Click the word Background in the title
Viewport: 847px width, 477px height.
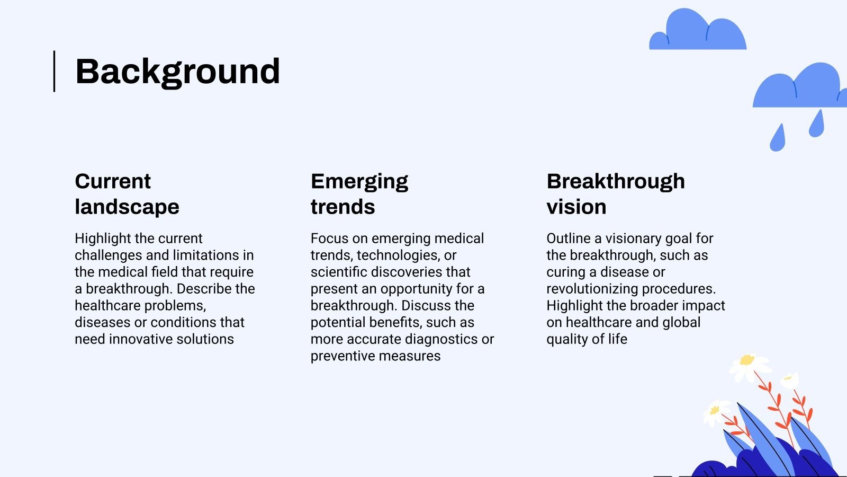(177, 72)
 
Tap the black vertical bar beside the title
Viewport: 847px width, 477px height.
(55, 71)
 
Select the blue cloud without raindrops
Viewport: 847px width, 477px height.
(698, 29)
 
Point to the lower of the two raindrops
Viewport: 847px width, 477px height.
(778, 138)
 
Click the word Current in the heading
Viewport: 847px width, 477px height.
(113, 181)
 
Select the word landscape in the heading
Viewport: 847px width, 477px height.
(127, 207)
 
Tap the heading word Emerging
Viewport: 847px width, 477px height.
(359, 182)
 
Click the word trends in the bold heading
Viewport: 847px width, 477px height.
(343, 207)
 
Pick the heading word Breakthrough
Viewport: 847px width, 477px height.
(616, 182)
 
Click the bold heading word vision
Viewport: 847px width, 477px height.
(576, 207)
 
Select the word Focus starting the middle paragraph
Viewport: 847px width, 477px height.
(329, 238)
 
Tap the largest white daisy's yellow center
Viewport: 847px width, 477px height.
(747, 360)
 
